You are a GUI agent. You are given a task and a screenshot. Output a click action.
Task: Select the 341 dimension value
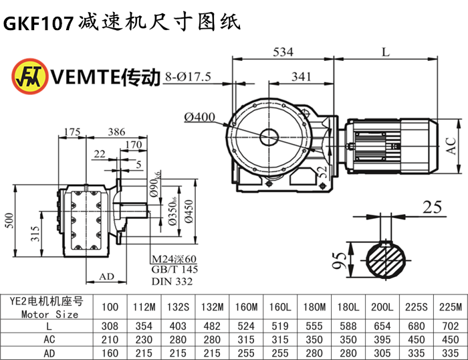click(x=302, y=77)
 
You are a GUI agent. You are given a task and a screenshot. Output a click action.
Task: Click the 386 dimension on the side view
click(x=116, y=132)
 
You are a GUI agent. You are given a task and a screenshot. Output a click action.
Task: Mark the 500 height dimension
click(x=8, y=221)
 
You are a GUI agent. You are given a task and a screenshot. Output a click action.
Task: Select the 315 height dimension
click(x=35, y=234)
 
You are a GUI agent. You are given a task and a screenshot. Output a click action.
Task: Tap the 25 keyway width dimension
click(x=433, y=207)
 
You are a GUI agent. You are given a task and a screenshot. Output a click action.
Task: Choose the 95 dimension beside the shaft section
click(x=340, y=260)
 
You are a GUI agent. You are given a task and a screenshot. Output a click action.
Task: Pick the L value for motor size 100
click(x=110, y=325)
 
